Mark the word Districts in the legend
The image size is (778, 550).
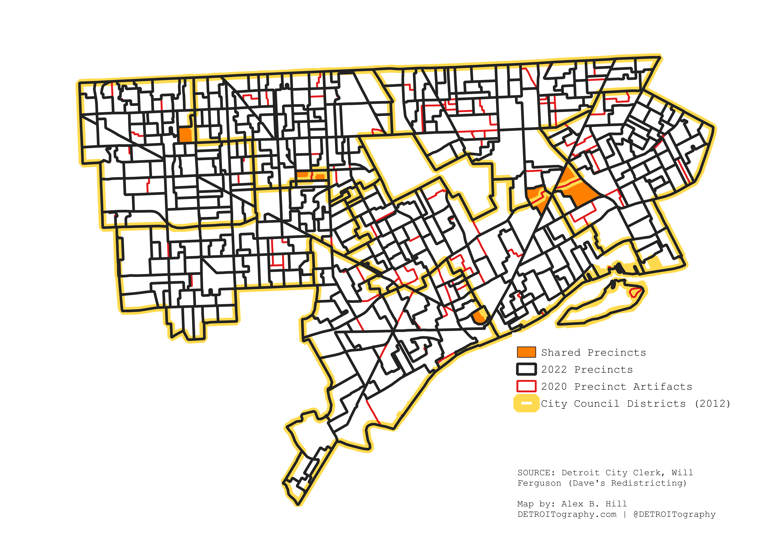click(656, 404)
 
